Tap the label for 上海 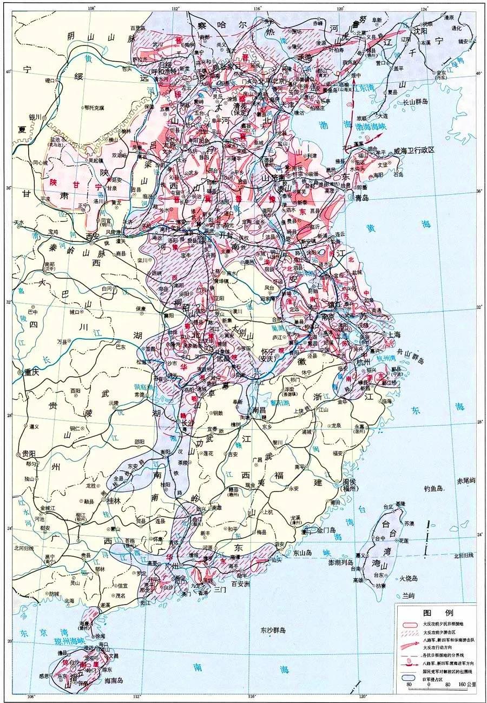pyautogui.click(x=393, y=334)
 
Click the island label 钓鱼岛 pyautogui.click(x=433, y=488)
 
